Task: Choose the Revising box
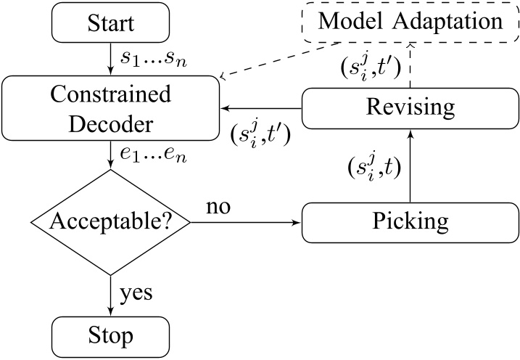click(410, 108)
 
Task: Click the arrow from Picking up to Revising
click(410, 166)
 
